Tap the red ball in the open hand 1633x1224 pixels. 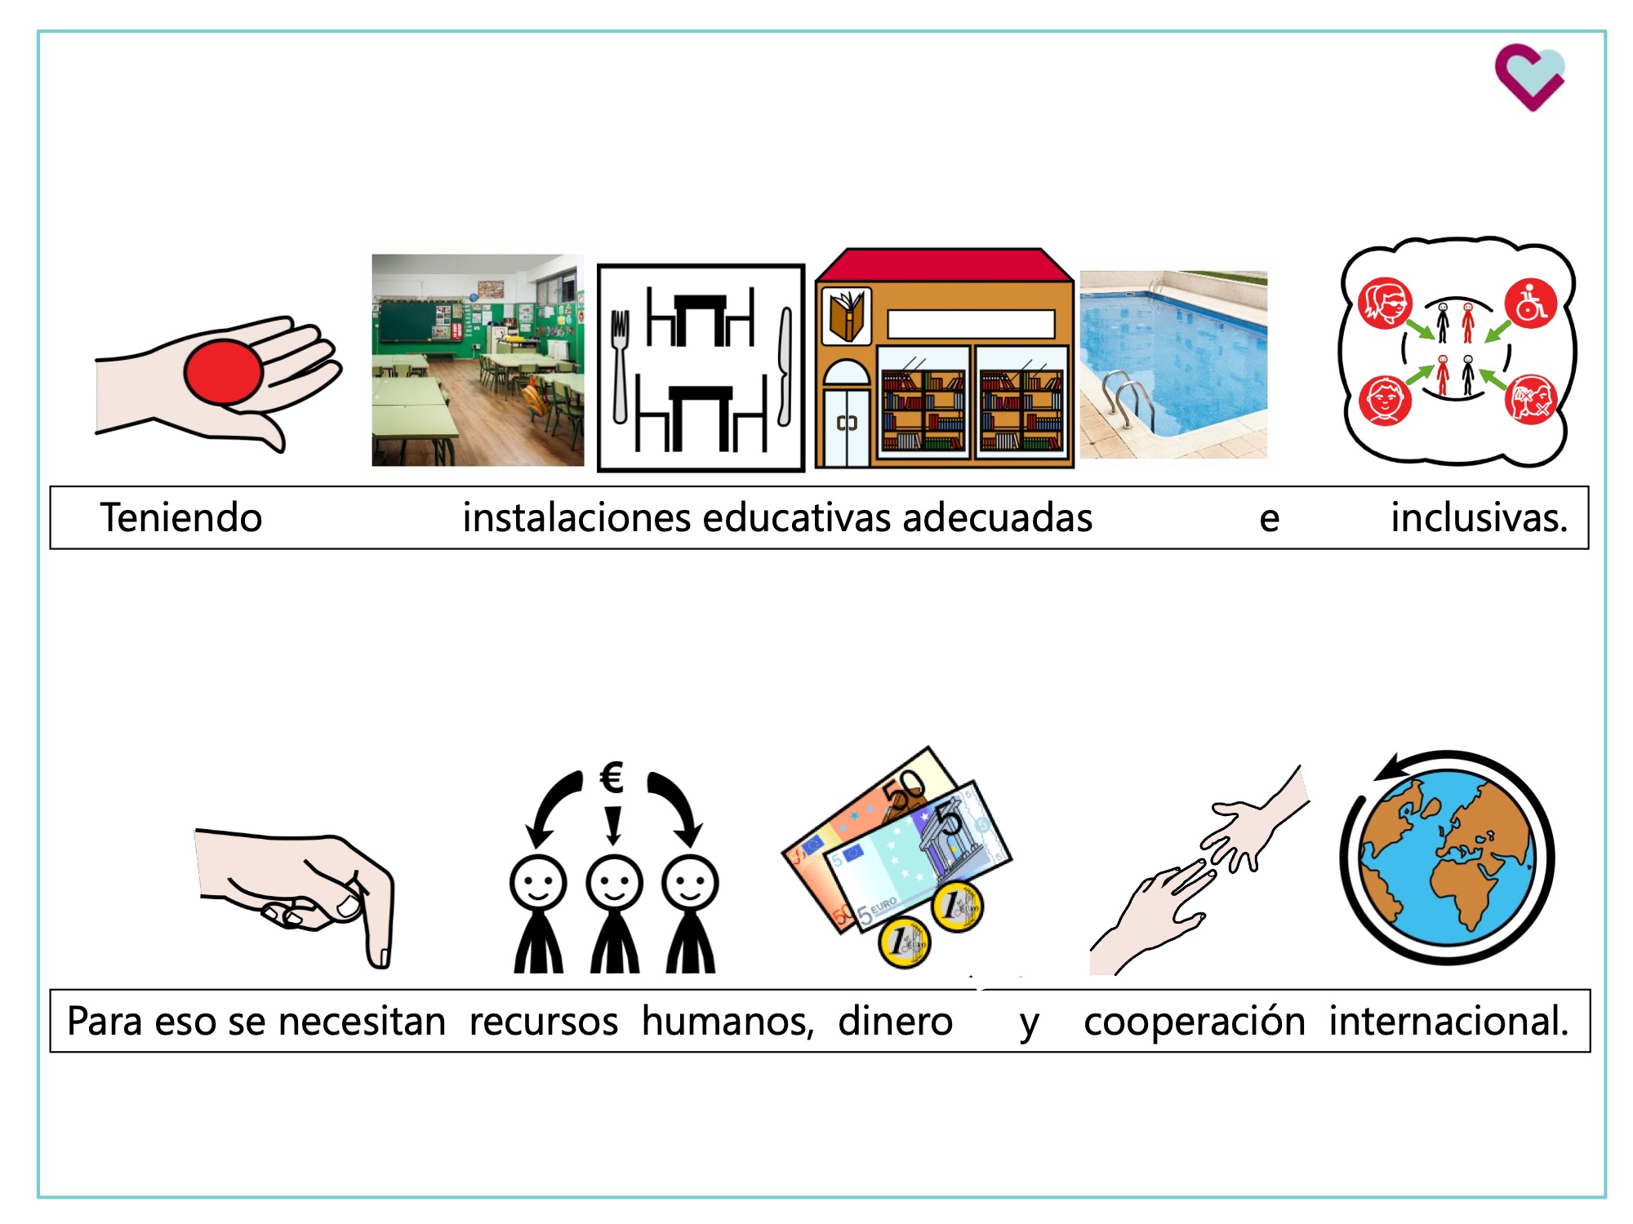[223, 372]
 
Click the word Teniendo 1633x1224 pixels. [180, 518]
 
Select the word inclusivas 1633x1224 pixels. [1479, 518]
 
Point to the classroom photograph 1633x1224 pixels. [478, 360]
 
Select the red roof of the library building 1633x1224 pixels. [943, 266]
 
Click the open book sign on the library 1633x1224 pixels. [846, 315]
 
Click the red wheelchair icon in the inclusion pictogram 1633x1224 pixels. [1530, 304]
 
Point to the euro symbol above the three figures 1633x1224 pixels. [612, 777]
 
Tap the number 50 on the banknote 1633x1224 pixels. [905, 788]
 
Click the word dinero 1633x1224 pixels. [895, 1022]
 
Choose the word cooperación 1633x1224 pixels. [1194, 1022]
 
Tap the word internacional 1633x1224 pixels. [1448, 1022]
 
